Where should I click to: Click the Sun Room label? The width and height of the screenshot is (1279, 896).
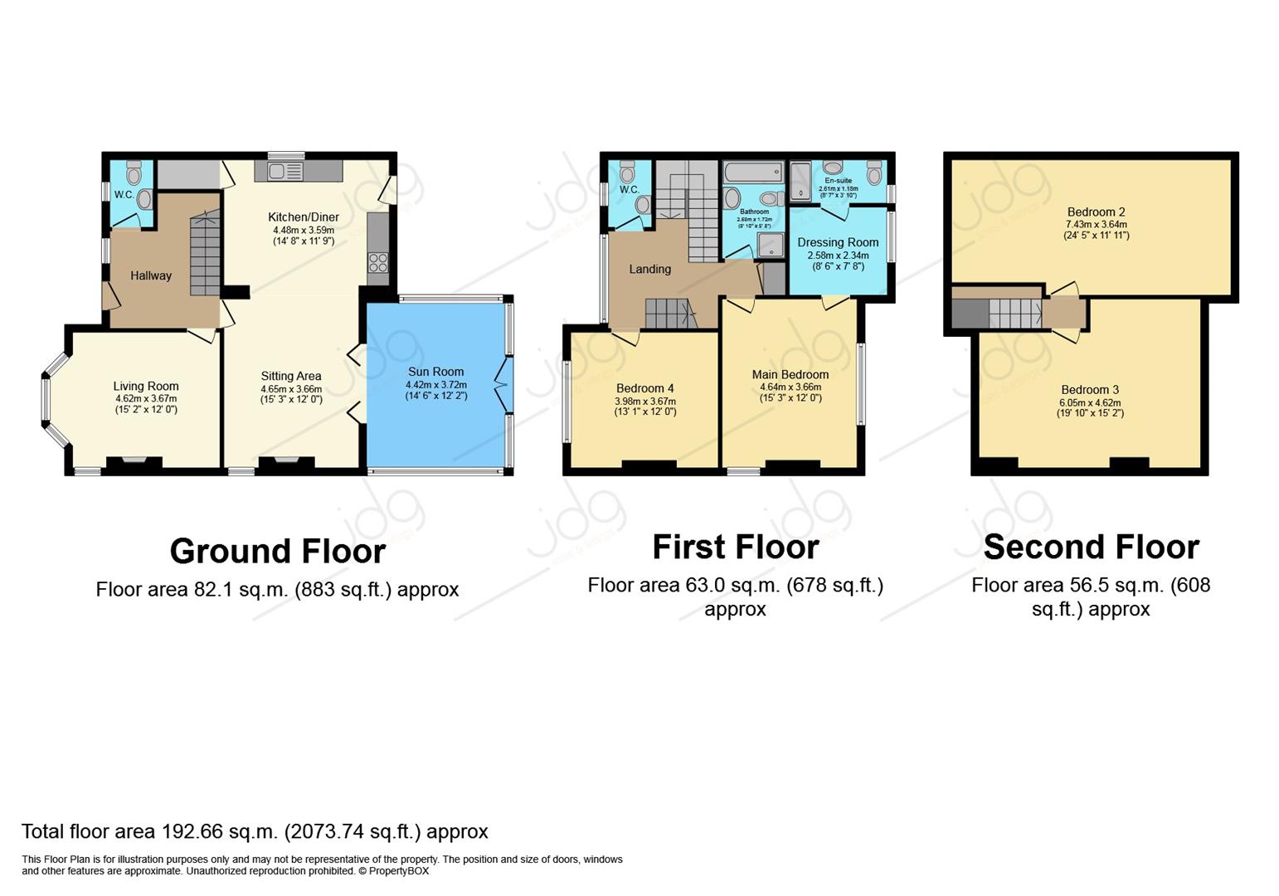pos(435,372)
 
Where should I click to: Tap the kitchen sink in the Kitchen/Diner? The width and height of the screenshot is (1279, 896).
pos(277,172)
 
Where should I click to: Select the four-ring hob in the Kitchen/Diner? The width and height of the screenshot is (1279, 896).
pos(378,262)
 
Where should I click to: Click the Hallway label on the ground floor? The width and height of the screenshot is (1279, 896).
pos(151,275)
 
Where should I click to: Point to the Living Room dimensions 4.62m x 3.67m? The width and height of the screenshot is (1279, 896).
pos(146,398)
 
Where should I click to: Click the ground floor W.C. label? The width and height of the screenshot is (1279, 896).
pos(124,195)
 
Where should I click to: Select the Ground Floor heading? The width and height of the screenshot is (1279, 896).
pos(278,552)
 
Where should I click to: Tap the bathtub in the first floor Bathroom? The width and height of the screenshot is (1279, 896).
pos(752,173)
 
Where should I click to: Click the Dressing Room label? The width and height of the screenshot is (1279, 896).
pos(838,242)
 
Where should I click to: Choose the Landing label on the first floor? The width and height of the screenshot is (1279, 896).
pos(649,269)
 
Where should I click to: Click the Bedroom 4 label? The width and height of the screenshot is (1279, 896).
pos(645,388)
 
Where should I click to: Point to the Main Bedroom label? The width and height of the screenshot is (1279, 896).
pos(790,374)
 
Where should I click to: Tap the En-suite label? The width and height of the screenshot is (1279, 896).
pos(838,180)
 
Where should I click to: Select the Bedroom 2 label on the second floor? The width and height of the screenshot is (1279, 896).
pos(1096,212)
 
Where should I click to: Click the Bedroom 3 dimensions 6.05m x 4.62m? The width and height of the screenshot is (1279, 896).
pos(1090,402)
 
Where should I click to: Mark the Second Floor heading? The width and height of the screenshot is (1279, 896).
pos(1091,548)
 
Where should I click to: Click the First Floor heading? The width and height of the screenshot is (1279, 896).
pos(736,548)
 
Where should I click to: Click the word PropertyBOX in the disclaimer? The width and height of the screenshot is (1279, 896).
pos(399,871)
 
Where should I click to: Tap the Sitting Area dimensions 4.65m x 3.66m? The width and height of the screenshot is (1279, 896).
pos(291,388)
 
